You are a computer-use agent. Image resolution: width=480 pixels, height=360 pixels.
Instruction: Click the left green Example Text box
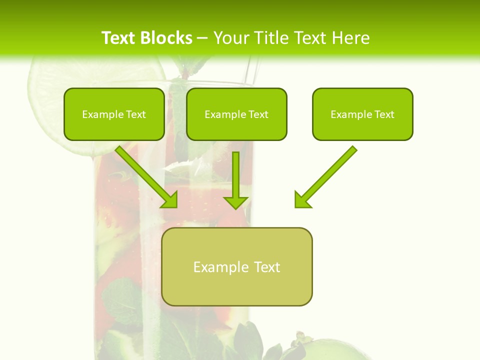114,114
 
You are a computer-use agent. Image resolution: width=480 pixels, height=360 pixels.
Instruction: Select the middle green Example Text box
236,114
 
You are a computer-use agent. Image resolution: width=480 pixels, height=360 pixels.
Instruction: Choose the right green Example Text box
362,114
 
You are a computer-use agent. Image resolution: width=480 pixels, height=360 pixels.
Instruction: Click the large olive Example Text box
236,266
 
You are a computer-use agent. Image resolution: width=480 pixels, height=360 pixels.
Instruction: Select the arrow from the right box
327,175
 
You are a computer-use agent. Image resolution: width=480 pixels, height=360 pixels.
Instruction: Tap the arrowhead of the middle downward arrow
236,202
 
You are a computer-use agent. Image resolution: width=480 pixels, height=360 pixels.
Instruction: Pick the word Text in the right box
384,114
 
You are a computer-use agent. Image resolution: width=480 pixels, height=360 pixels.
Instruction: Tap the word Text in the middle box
258,114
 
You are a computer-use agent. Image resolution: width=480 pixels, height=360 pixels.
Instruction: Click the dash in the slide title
202,38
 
